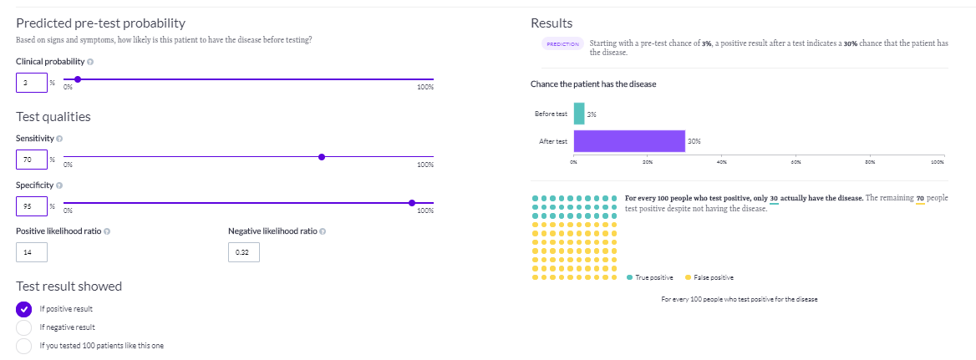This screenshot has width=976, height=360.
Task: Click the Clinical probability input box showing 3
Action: coord(31,83)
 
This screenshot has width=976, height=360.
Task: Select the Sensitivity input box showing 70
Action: coord(31,160)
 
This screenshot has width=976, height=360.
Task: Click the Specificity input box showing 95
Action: coord(31,205)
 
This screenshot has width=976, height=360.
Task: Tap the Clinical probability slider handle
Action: coord(77,79)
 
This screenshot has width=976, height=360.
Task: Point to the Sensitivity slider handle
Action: coord(322,156)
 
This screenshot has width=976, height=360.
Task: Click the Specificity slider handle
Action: coord(412,202)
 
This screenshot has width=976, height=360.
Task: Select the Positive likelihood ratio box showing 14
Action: coord(31,251)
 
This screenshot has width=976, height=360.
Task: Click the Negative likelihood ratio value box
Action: coord(244,251)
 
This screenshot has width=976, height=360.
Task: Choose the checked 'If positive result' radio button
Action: coord(24,308)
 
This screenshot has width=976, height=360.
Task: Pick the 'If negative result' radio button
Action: coord(24,327)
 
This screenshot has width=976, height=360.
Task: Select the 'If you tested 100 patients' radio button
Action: coord(24,345)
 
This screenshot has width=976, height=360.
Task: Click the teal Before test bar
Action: coord(579,114)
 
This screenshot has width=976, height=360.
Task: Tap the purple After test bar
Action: coord(629,141)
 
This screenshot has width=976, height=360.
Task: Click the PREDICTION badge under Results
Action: coord(562,44)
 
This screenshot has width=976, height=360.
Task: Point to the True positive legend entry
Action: coord(652,277)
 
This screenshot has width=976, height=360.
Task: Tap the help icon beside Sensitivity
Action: coord(59,138)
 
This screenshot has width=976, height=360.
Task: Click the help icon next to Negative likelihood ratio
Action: coord(323,231)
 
